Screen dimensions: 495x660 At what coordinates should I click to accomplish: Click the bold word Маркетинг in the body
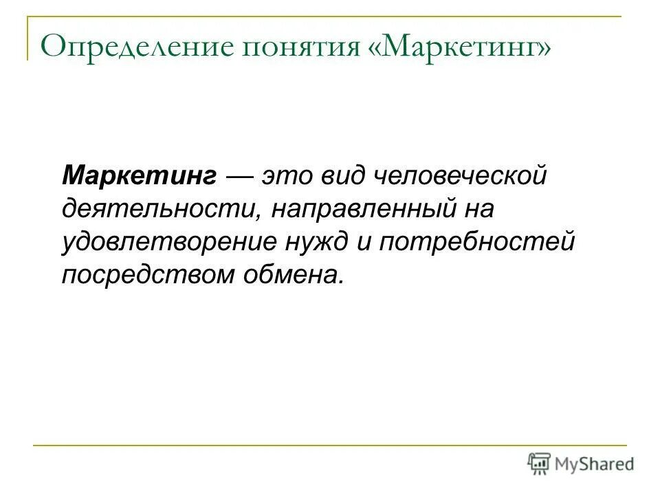(x=140, y=175)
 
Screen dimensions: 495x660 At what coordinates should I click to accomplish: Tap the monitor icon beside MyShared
(x=540, y=463)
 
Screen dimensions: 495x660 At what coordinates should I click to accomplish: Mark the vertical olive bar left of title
(x=28, y=38)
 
